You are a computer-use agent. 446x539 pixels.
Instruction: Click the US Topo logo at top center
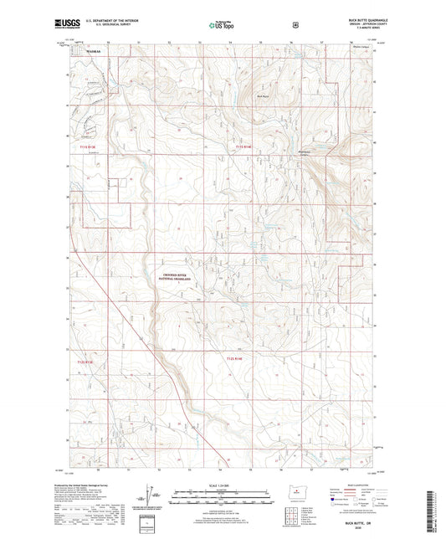pos(222,26)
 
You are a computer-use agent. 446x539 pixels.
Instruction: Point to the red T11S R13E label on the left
pos(76,147)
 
